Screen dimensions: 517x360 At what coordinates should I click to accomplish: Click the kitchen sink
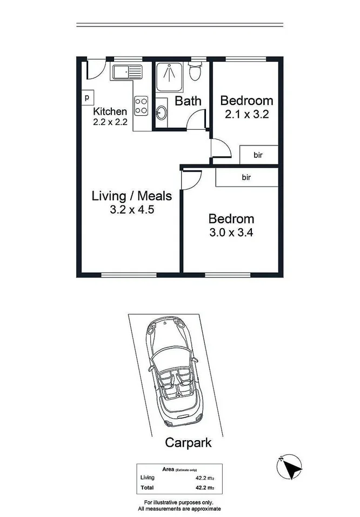[x=125, y=71]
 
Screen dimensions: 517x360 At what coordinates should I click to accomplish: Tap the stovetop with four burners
[x=142, y=105]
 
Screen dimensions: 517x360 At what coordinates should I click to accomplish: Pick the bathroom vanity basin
[x=162, y=112]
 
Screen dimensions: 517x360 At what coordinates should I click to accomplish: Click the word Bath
[x=188, y=101]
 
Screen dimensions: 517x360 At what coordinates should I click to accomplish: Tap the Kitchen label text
[x=110, y=111]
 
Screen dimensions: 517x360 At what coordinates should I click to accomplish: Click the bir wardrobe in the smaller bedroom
[x=258, y=155]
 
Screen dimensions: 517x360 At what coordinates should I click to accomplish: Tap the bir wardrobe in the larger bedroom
[x=246, y=177]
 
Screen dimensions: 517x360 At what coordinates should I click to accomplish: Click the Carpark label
[x=188, y=443]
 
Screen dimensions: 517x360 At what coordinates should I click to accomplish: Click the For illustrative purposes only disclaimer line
[x=179, y=502]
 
